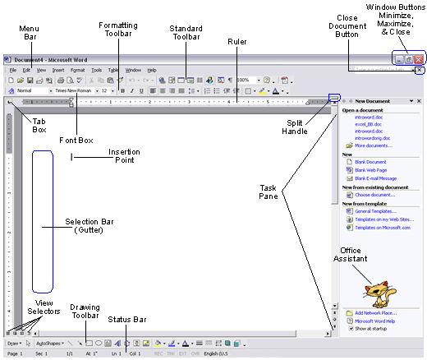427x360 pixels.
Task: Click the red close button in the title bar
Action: click(418, 60)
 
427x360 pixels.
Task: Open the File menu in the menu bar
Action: click(13, 70)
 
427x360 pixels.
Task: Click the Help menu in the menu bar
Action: click(152, 70)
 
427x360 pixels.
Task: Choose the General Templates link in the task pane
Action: click(374, 211)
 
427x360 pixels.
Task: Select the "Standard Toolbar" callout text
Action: click(186, 33)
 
